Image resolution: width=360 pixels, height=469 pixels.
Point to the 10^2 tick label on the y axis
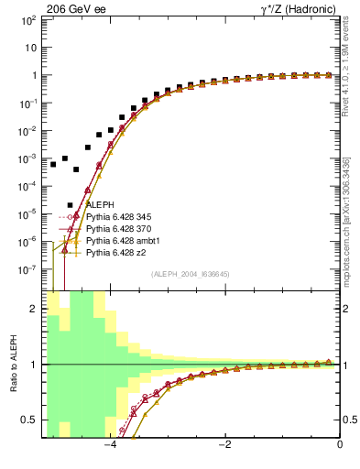[x=28, y=20]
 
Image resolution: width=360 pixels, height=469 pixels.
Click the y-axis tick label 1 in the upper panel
[x=34, y=75]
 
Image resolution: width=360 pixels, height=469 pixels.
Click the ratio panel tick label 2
[x=34, y=309]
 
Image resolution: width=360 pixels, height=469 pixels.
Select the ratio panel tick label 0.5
[x=30, y=420]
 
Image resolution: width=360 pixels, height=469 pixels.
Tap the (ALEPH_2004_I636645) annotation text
[x=191, y=274]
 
